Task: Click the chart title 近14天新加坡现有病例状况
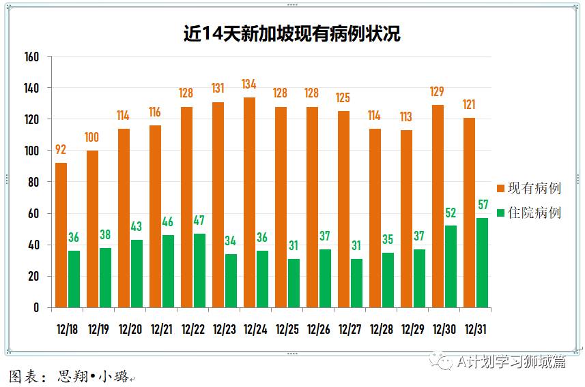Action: pyautogui.click(x=292, y=33)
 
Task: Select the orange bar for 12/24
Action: pyautogui.click(x=249, y=202)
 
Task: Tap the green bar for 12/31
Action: pyautogui.click(x=482, y=262)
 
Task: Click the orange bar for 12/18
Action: pyautogui.click(x=61, y=235)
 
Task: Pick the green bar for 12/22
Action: pyautogui.click(x=199, y=270)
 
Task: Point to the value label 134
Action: pyautogui.click(x=249, y=84)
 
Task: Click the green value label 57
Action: pyautogui.click(x=483, y=205)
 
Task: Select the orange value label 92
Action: pyautogui.click(x=61, y=150)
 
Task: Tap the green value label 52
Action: pyautogui.click(x=451, y=213)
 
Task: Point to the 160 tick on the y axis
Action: pyautogui.click(x=32, y=57)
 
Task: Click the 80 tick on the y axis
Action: pyautogui.click(x=34, y=182)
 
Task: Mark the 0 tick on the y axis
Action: pyautogui.click(x=37, y=307)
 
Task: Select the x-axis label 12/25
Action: pyautogui.click(x=287, y=329)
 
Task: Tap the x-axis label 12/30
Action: pyautogui.click(x=444, y=329)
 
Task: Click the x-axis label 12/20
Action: pyautogui.click(x=130, y=329)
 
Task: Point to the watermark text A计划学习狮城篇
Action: pyautogui.click(x=511, y=361)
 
